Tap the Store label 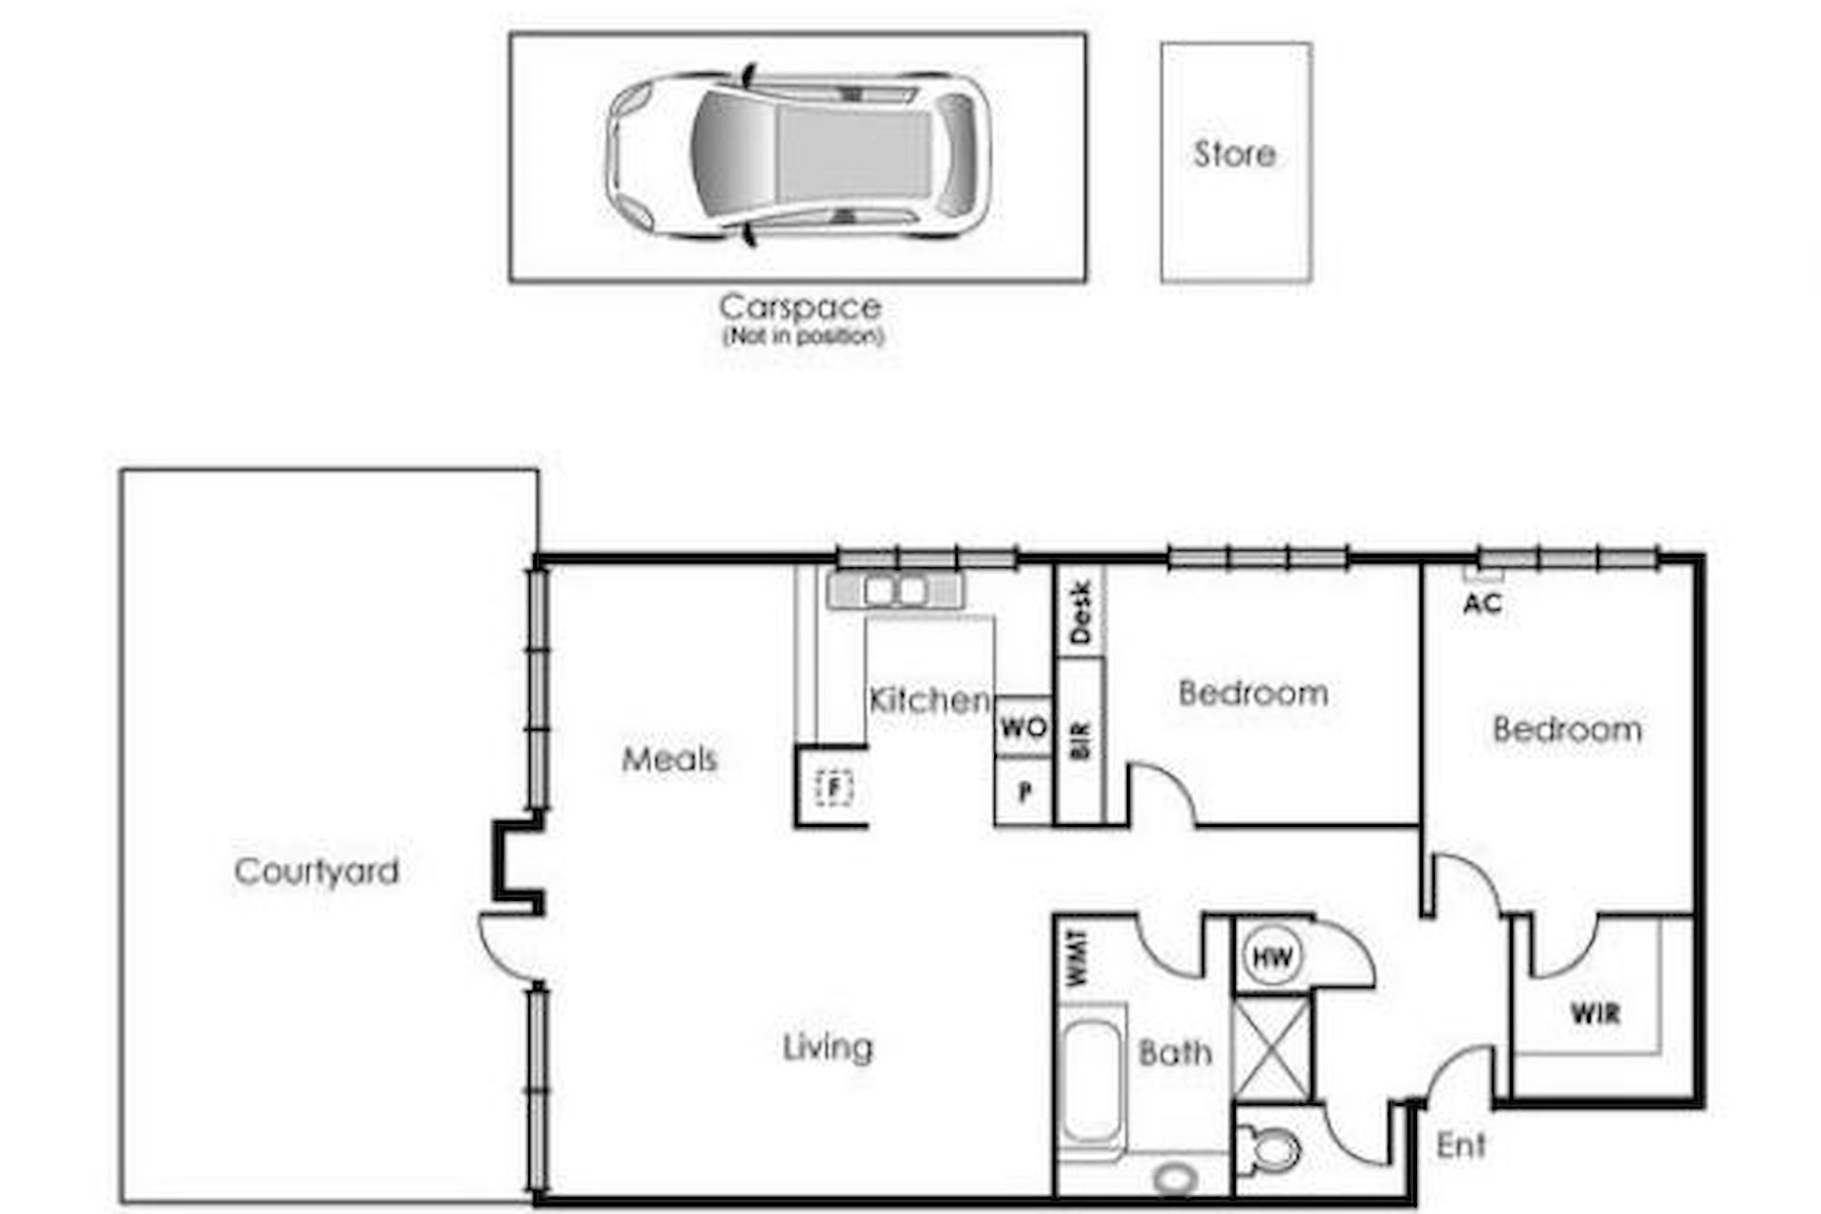click(1234, 154)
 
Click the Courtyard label click(317, 872)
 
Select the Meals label click(670, 759)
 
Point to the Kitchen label click(929, 700)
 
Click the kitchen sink click(895, 590)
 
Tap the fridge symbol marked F click(834, 787)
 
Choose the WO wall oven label click(1023, 728)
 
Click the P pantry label click(1024, 792)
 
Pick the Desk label click(1081, 613)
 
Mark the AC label click(1482, 603)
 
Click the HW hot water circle click(1272, 957)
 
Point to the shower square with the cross click(1272, 1048)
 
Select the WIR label click(1595, 1014)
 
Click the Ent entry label click(1461, 1146)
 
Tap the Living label click(828, 1048)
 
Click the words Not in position click(803, 337)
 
